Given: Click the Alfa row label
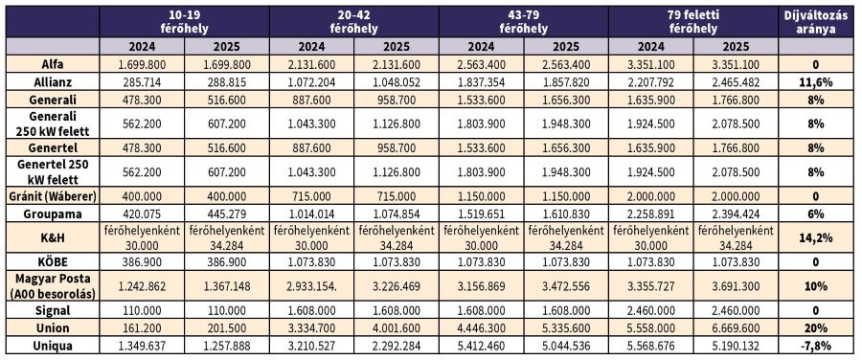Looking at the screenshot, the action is click(x=53, y=64).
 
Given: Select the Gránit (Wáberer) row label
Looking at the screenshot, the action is click(x=53, y=195).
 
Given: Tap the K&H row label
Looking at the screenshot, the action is click(x=53, y=238).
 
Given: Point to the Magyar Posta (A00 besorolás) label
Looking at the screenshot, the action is click(x=53, y=286).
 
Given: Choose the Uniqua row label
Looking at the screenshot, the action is click(x=53, y=346).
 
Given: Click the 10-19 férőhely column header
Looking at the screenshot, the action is click(x=184, y=22).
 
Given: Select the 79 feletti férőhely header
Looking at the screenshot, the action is click(x=693, y=22).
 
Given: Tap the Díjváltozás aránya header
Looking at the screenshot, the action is click(x=816, y=22).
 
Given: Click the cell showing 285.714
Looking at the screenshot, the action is click(x=142, y=82).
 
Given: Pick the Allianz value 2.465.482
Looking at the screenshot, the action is click(x=737, y=82).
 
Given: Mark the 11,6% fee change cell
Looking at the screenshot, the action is click(x=816, y=82).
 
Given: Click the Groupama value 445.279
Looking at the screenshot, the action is click(x=226, y=214).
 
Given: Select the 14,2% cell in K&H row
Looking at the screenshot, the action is click(x=816, y=238).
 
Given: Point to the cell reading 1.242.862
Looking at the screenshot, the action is click(x=142, y=286).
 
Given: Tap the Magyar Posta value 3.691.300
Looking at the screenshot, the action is click(x=737, y=286).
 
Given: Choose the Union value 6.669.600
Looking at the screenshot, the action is click(x=737, y=328).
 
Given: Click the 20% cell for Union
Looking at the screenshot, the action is click(x=816, y=328).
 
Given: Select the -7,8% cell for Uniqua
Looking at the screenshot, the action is click(x=816, y=346).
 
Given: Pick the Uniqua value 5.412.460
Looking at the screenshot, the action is click(x=482, y=346).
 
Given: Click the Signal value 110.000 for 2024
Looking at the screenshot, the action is click(x=142, y=310).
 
